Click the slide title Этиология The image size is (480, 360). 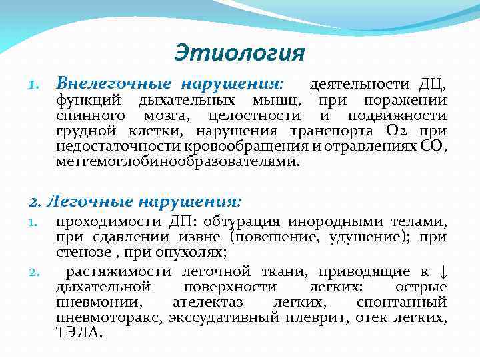[x=239, y=52]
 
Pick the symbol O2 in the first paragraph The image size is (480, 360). [x=401, y=131]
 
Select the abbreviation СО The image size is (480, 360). [x=433, y=146]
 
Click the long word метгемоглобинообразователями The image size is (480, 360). [x=178, y=161]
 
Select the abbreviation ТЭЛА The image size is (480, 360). [x=79, y=333]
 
